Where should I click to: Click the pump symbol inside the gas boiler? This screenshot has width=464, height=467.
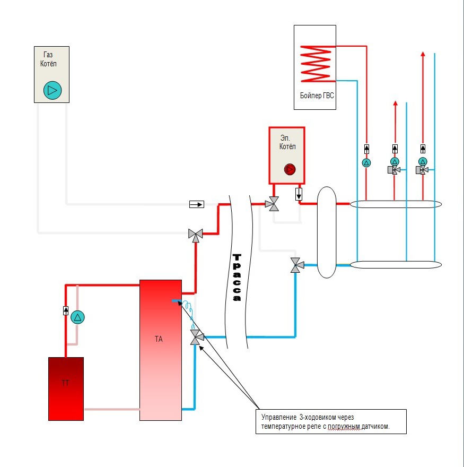click(x=52, y=90)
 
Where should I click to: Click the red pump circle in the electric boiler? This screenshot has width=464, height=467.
click(x=290, y=169)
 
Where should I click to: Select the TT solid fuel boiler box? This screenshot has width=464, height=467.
click(x=66, y=388)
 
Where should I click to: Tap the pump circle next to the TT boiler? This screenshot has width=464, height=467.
click(x=77, y=318)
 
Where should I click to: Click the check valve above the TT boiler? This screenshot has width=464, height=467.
click(x=66, y=310)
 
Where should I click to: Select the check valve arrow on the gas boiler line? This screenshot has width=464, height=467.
click(x=196, y=204)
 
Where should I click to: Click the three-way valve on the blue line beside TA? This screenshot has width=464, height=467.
click(x=196, y=337)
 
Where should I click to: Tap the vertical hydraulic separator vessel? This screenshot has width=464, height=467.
click(x=326, y=232)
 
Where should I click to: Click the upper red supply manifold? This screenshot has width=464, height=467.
click(x=395, y=204)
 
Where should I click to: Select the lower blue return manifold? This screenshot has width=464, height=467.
click(x=395, y=264)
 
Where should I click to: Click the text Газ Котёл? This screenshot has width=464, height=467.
click(x=49, y=59)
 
